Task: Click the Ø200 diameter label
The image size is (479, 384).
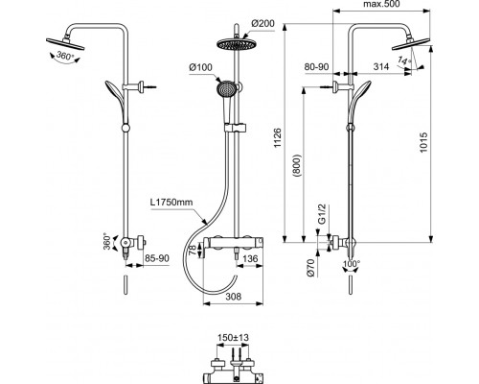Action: [x=262, y=23]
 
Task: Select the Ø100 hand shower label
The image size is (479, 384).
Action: [x=200, y=67]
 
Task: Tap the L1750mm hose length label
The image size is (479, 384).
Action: [x=171, y=203]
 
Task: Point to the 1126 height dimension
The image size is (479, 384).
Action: [x=278, y=138]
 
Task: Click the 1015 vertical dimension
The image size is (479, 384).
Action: [x=423, y=142]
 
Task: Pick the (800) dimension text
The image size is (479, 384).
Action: [x=297, y=166]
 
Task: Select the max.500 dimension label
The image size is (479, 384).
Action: [x=381, y=4]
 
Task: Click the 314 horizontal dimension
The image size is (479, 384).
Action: [x=381, y=66]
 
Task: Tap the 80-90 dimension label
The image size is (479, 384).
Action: [x=316, y=66]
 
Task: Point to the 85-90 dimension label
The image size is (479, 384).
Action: [x=157, y=258]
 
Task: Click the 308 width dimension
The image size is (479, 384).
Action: [x=234, y=297]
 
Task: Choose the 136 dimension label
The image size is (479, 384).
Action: [x=250, y=258]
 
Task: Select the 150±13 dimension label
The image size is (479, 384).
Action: [x=233, y=338]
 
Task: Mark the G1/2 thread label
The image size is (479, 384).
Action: [x=322, y=214]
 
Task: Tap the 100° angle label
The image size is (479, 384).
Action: [x=352, y=264]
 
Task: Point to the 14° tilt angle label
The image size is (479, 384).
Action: [x=404, y=60]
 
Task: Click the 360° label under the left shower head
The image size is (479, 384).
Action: [x=65, y=56]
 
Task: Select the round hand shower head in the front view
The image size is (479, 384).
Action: [x=226, y=88]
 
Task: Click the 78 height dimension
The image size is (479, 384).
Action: [x=193, y=250]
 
